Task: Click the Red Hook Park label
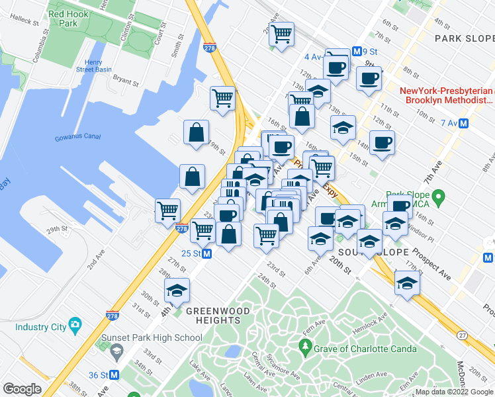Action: coord(64,18)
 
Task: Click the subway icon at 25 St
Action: coord(206,253)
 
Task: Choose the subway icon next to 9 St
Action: coord(356,51)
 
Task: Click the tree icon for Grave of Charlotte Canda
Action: coord(305,345)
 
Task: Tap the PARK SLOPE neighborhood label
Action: coord(464,39)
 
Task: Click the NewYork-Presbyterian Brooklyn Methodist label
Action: coord(447,96)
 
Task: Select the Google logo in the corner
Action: coord(22,388)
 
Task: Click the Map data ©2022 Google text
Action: coord(455,392)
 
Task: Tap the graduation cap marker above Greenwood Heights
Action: coord(177,291)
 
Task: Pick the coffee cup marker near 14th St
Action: coord(381,142)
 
